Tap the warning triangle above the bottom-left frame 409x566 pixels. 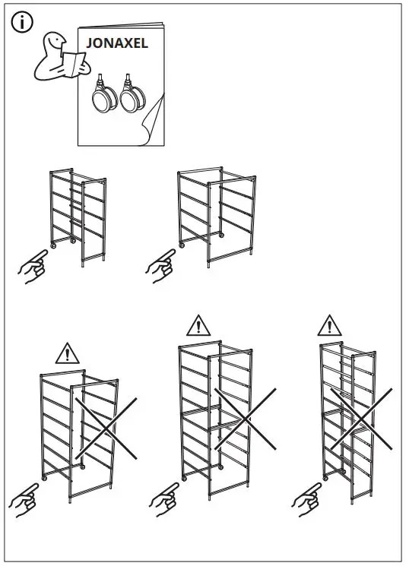coord(68,353)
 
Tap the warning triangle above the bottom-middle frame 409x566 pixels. coord(198,325)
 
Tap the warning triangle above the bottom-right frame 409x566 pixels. coord(329,326)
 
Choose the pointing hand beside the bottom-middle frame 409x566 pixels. coord(166,498)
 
